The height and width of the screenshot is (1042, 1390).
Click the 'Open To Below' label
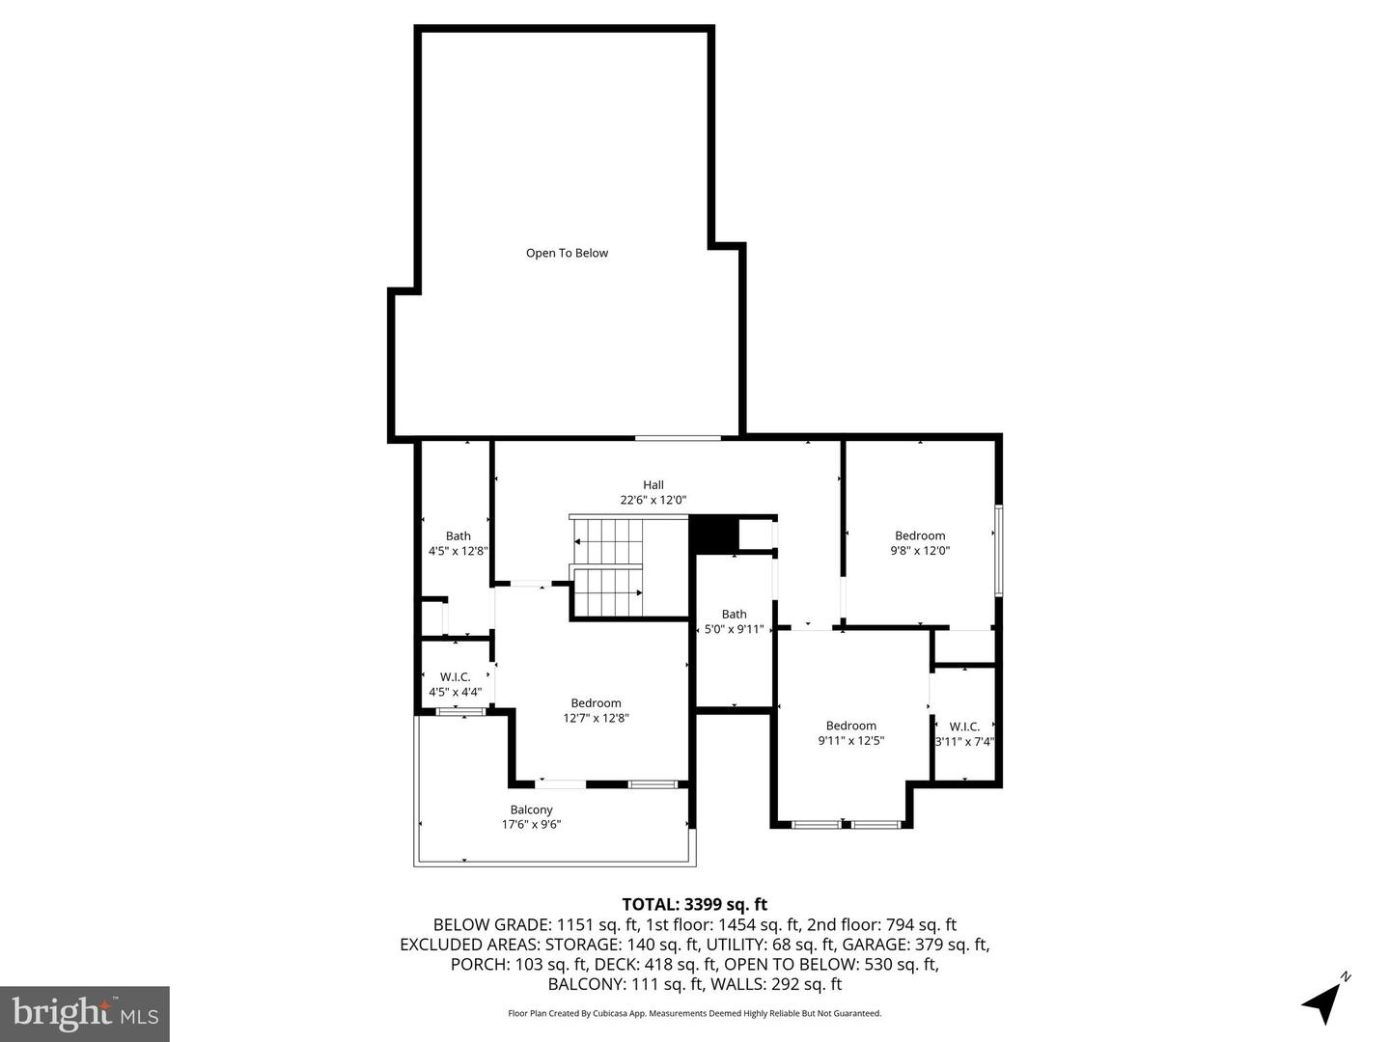[567, 253]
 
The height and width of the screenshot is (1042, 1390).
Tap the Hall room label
[653, 485]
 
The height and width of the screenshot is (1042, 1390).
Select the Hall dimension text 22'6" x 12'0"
[653, 501]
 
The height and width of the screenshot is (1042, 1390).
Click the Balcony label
[531, 809]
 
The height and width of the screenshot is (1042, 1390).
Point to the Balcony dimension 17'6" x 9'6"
[531, 825]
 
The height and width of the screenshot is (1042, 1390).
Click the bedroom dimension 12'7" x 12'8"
[596, 718]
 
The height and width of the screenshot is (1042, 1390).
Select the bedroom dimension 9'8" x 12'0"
[920, 551]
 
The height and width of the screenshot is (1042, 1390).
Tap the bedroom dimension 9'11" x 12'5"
[850, 741]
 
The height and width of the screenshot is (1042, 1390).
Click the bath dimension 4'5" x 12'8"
[459, 552]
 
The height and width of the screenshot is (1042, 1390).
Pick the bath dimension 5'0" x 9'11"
[734, 629]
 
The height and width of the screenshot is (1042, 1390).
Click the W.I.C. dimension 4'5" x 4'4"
[455, 692]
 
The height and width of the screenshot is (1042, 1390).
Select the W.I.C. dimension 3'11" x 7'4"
[964, 742]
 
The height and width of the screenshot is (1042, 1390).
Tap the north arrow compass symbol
[1323, 1001]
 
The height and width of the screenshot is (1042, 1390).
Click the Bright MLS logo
[85, 1013]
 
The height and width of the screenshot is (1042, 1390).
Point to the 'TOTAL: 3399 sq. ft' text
[694, 904]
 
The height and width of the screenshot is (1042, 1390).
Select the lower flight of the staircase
[608, 591]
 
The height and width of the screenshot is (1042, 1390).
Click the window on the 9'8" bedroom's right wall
[999, 550]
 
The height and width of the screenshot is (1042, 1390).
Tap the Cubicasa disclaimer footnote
[694, 1013]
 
